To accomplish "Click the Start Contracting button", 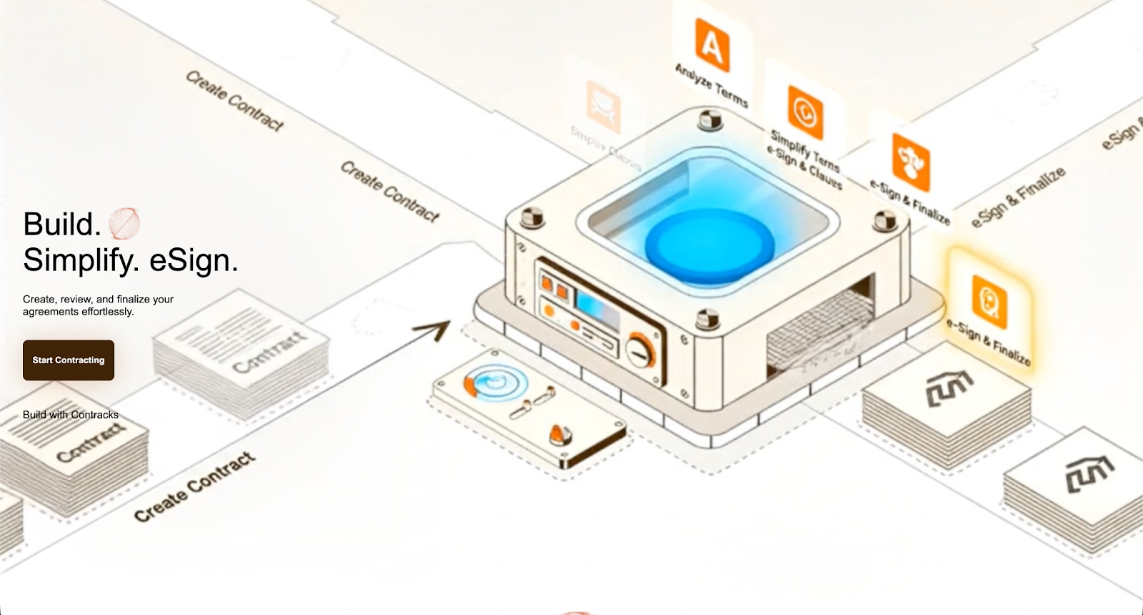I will [x=69, y=360].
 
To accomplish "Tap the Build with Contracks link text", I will [x=71, y=415].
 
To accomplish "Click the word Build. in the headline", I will [x=62, y=225].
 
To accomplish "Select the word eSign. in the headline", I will [x=194, y=260].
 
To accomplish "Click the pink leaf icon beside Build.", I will [x=124, y=223].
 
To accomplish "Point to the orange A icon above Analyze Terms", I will [x=712, y=46].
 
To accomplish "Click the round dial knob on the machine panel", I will [x=640, y=350].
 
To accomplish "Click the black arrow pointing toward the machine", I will [x=431, y=331].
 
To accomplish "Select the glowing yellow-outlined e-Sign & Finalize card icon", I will [x=989, y=301].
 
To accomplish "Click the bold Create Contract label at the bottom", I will [x=195, y=486].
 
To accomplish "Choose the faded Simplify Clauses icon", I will [x=604, y=107].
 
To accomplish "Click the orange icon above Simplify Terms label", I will [x=805, y=112].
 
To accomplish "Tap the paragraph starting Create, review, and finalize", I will [x=98, y=305].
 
